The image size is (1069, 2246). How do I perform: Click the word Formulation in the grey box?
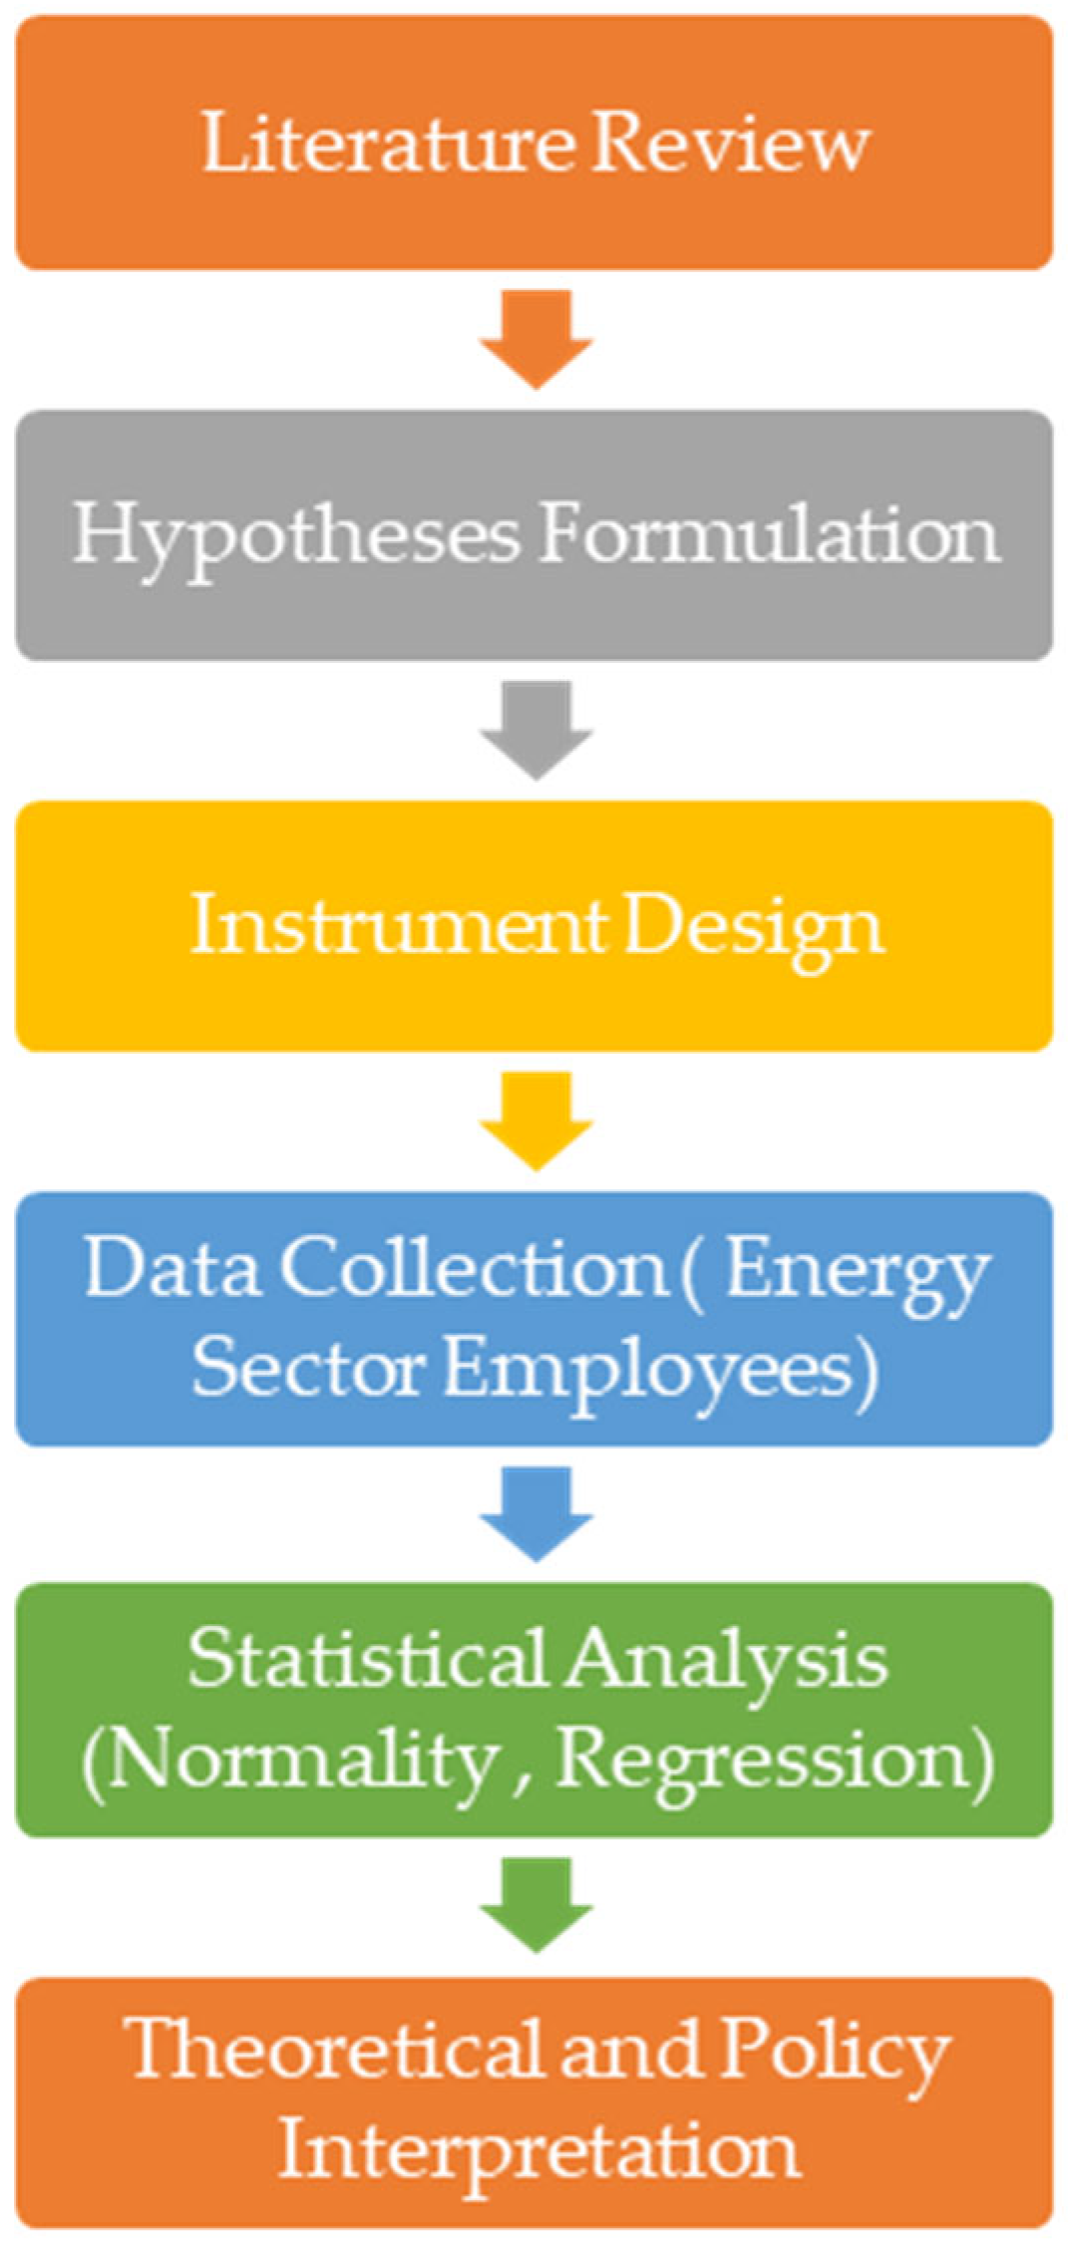tap(768, 534)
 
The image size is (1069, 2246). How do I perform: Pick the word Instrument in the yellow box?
tap(397, 925)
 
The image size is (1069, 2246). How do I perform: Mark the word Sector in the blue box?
tap(308, 1367)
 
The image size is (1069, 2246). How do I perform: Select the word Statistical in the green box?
tap(366, 1660)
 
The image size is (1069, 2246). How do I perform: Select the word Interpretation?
tap(538, 2151)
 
